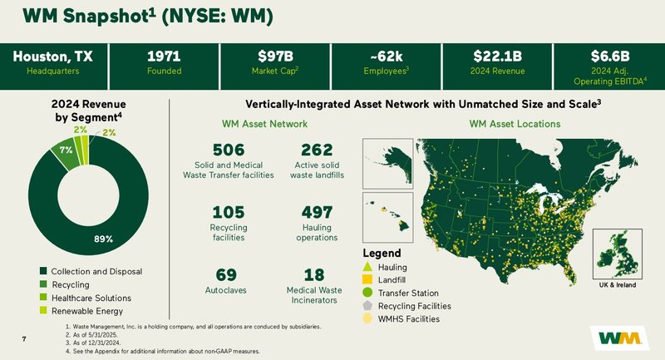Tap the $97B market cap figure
click(x=275, y=57)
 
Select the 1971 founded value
click(x=164, y=57)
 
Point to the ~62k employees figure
click(x=386, y=57)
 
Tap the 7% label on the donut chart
click(x=65, y=150)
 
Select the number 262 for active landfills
click(x=317, y=150)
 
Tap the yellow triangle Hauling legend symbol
click(x=368, y=266)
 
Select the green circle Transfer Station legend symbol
click(x=368, y=293)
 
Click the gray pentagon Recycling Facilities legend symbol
click(x=368, y=306)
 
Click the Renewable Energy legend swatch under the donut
click(x=44, y=310)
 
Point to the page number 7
click(x=26, y=339)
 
